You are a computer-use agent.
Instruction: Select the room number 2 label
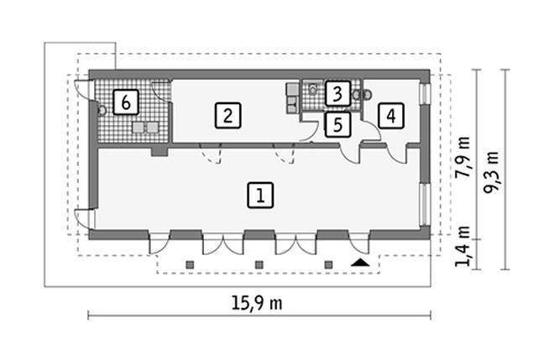(227, 114)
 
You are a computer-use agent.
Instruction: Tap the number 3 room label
(337, 93)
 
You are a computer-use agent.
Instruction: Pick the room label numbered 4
(389, 115)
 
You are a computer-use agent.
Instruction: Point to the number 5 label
(337, 125)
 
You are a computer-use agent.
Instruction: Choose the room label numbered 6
(125, 103)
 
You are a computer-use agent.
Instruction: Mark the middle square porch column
(259, 265)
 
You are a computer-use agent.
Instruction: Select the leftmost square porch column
(190, 265)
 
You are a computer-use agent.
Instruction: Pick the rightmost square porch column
(329, 265)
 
